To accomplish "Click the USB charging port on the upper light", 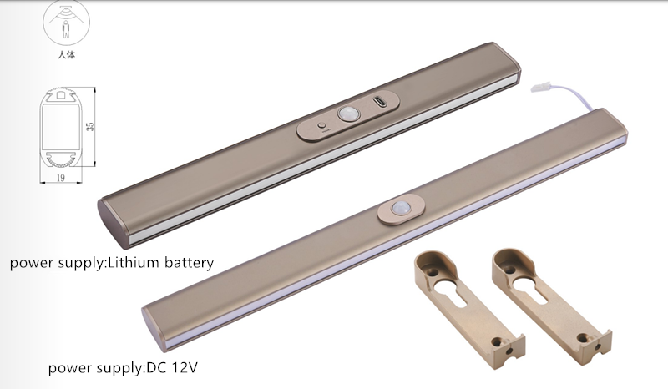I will [x=381, y=102].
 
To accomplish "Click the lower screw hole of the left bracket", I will [x=496, y=341].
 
